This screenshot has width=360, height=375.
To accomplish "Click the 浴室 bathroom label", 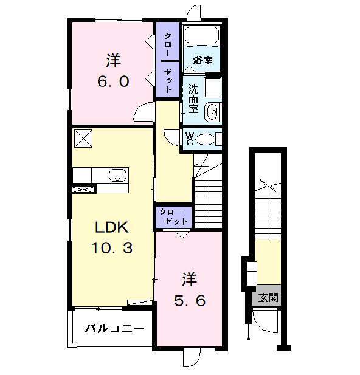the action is tap(202, 61).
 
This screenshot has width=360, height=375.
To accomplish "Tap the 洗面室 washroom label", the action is tap(193, 99).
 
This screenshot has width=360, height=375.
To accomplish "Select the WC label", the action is tap(190, 139).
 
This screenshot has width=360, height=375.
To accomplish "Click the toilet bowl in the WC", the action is tap(206, 139).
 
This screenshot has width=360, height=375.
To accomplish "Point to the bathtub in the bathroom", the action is tap(202, 35).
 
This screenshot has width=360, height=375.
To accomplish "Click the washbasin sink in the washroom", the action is tap(212, 112).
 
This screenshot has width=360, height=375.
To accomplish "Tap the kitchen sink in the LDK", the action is tap(117, 175).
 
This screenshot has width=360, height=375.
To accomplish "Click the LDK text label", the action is tap(112, 227).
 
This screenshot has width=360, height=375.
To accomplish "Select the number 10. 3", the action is tap(112, 247).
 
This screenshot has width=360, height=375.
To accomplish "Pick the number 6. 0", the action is tap(113, 81).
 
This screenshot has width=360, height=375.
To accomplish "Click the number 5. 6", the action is tap(190, 301).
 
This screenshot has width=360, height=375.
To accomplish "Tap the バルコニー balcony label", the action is tap(115, 329).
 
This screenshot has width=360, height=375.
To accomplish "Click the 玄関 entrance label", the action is tap(268, 298).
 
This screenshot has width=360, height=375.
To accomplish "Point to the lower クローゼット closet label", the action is tap(173, 217).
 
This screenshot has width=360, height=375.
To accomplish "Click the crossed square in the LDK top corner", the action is tap(83, 139).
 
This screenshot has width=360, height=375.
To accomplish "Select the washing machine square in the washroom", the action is tap(213, 88).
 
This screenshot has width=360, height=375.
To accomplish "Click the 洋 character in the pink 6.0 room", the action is tap(114, 61).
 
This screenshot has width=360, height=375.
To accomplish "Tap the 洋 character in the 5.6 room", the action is tap(190, 279).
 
